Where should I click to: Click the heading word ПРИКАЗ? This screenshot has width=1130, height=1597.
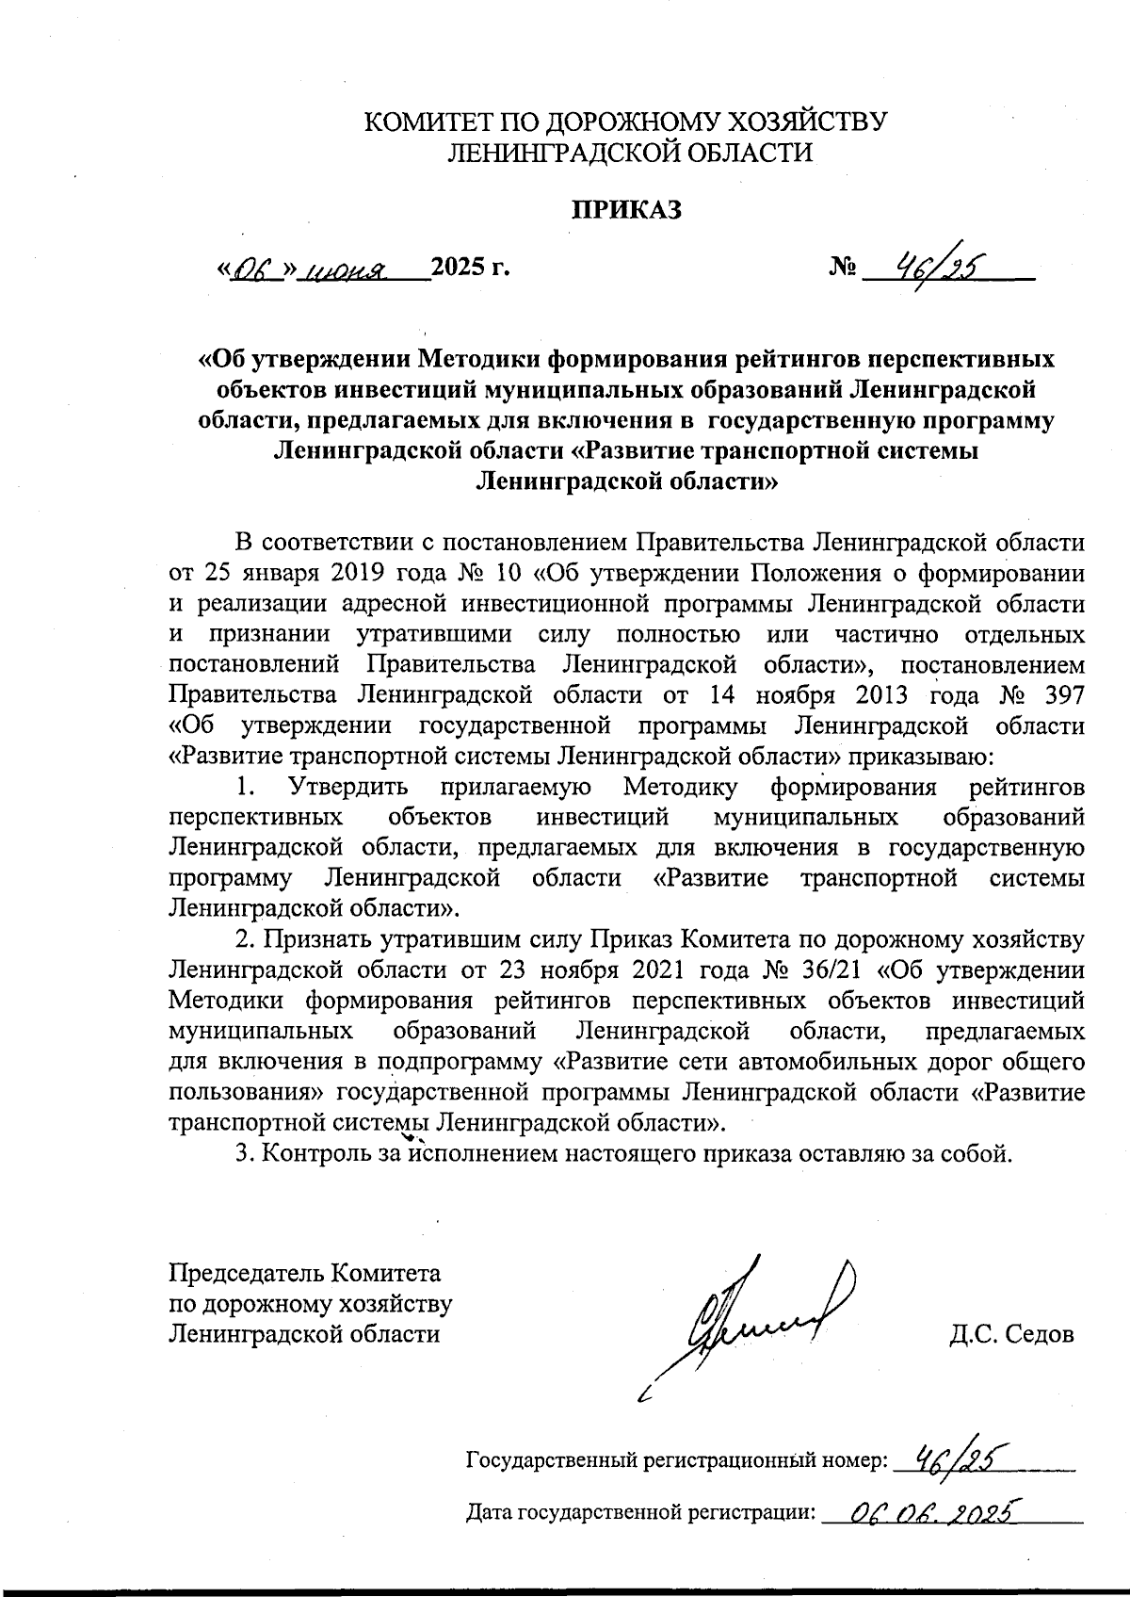coord(627,210)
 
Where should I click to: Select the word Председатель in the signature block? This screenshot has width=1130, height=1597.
coord(245,1274)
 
